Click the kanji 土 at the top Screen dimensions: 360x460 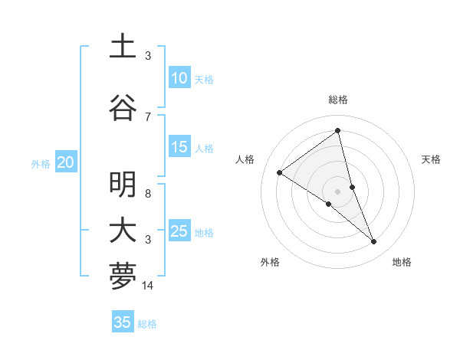coord(123,47)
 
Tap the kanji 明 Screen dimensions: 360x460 coord(123,185)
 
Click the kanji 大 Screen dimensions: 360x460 coord(123,231)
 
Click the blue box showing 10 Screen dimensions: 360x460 coord(179,78)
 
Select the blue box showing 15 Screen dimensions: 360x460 coord(179,147)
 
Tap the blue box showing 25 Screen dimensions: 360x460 coord(179,231)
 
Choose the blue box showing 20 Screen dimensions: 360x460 coord(65,162)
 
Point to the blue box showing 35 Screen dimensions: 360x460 coord(122,322)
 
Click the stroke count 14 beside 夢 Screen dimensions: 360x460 coord(148,286)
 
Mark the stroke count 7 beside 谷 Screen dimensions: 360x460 coord(148,116)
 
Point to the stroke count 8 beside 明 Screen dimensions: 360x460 coord(148,193)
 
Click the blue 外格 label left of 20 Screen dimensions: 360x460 coord(41,163)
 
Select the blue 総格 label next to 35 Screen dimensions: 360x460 coord(147,324)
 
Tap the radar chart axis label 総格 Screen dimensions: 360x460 coord(337,100)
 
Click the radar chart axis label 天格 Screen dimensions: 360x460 coord(431,159)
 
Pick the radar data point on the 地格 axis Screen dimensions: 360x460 coord(374,242)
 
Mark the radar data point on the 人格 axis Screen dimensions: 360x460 coord(279,172)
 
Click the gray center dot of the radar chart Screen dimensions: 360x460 coord(337,191)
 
